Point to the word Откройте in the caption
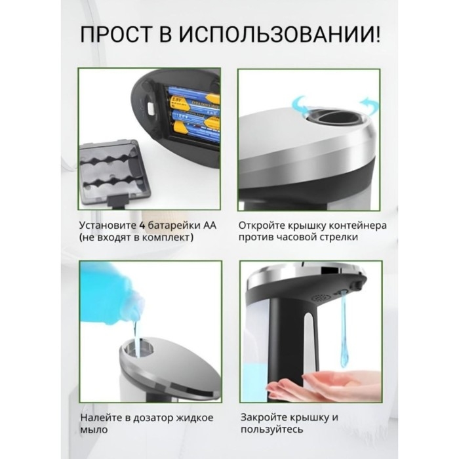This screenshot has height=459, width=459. [x=261, y=226]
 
